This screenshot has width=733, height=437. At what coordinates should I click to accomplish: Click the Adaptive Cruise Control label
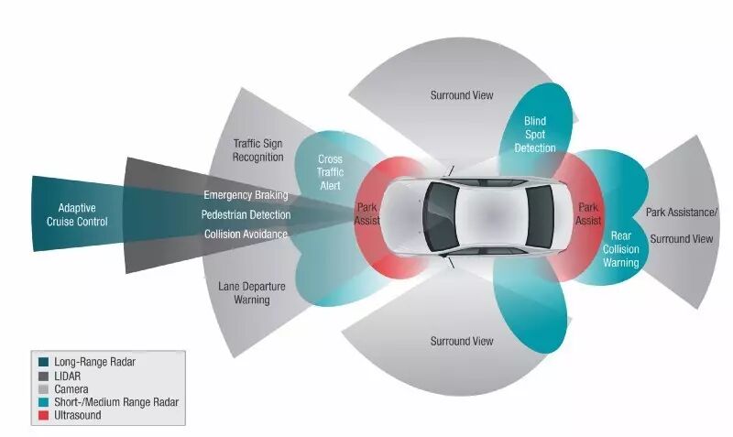coord(83,214)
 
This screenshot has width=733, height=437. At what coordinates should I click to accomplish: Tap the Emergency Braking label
coord(246,194)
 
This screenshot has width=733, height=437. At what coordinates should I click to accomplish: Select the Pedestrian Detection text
coord(246,214)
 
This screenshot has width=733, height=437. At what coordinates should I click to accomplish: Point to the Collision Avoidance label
coord(246,234)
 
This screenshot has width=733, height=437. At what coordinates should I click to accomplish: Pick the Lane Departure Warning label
coord(251,292)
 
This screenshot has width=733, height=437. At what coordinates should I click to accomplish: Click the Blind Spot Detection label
coord(535,134)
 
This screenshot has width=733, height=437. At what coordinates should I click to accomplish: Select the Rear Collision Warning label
coord(620,248)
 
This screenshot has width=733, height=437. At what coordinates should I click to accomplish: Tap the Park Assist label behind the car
coord(589,213)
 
